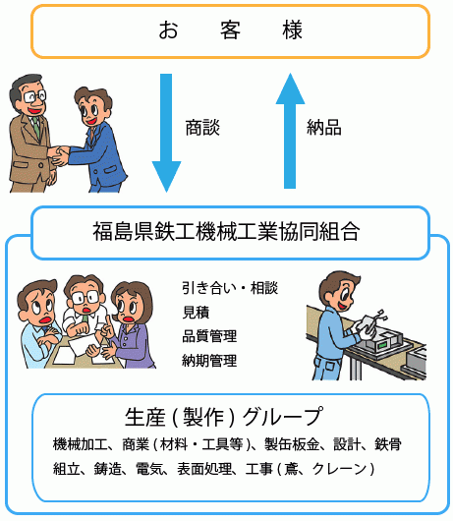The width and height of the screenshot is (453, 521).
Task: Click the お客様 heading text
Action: [x=230, y=29]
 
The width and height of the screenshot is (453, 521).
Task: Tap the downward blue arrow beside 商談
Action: [x=166, y=133]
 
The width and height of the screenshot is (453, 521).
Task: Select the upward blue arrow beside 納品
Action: [x=290, y=131]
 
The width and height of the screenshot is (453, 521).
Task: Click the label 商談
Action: [x=202, y=128]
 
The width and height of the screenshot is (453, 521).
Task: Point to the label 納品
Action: [x=324, y=128]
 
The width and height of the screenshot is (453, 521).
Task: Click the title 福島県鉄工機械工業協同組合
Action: [x=226, y=231]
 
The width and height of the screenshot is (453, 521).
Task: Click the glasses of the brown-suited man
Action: [x=34, y=96]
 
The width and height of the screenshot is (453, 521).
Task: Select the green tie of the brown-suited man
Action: [x=36, y=127]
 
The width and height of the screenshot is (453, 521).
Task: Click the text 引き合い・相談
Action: [x=230, y=288]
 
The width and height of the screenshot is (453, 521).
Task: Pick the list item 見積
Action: [x=196, y=313]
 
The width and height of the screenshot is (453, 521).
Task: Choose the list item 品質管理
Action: [x=209, y=336]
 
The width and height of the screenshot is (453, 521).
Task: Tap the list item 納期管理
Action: [x=209, y=361]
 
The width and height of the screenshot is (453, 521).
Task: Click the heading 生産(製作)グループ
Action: [x=224, y=417]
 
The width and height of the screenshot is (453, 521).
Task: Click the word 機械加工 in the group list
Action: [x=81, y=444]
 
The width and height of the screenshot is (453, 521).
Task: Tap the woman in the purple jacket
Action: [x=132, y=325]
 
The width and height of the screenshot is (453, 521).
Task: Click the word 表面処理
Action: [x=204, y=469]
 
